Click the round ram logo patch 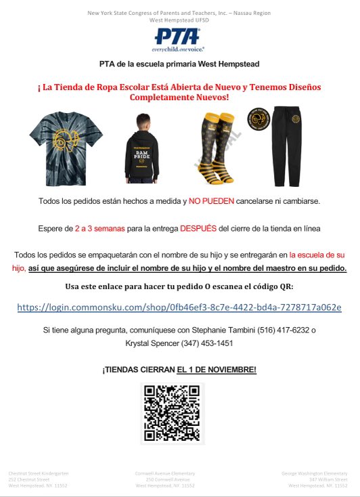(260, 121)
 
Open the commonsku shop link (179, 307)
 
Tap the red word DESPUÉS (198, 229)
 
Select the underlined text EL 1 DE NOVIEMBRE (217, 370)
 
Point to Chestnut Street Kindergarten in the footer (39, 473)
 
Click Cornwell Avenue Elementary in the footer (166, 473)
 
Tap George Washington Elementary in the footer (315, 473)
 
